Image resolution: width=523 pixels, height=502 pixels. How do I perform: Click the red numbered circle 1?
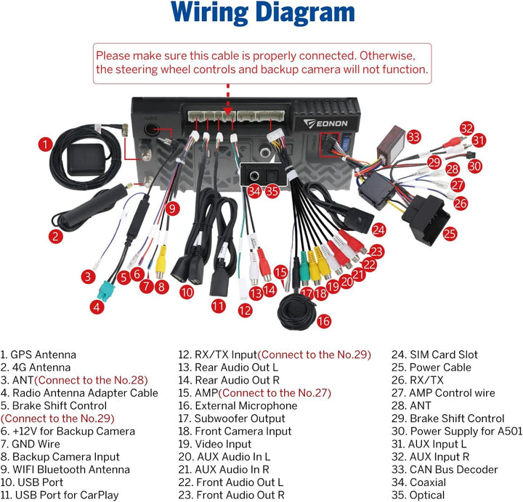click(45, 145)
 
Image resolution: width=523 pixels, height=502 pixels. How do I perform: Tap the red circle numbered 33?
click(413, 137)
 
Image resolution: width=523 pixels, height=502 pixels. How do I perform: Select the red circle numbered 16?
click(323, 321)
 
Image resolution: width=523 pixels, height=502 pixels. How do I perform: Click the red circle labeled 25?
click(450, 233)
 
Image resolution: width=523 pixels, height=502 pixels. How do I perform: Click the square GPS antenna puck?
click(86, 159)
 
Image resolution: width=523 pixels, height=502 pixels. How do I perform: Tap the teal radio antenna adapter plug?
click(106, 291)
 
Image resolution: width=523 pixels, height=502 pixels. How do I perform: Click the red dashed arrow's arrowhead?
click(228, 111)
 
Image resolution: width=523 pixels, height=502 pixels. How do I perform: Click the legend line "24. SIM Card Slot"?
click(434, 355)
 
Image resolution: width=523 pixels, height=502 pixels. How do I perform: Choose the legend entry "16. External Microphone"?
click(238, 405)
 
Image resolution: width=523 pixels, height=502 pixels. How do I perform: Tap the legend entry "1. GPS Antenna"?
click(38, 355)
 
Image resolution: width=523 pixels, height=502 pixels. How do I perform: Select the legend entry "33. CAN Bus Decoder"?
click(445, 469)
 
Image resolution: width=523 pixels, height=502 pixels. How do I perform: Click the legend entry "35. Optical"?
click(418, 495)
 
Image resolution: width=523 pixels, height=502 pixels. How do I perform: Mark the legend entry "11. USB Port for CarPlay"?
click(60, 495)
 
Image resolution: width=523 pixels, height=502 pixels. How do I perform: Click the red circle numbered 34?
click(254, 192)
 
